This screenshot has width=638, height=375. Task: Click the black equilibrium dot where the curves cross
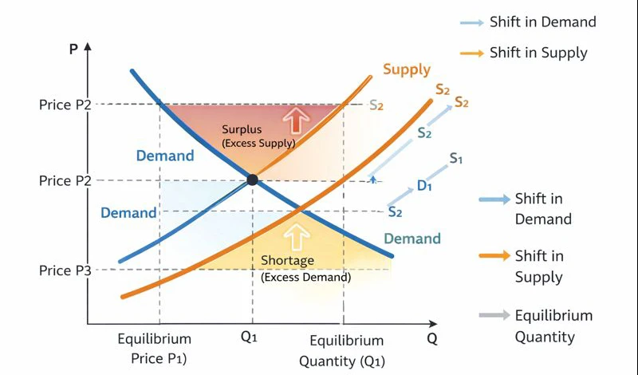pos(253,180)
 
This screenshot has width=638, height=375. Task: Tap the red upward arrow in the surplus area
pos(296,120)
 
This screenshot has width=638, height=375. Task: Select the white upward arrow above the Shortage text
pos(297,236)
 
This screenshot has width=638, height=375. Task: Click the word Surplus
pos(242,129)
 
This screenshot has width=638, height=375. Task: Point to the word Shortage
pos(288,261)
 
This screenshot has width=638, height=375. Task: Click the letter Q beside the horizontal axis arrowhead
pos(432,338)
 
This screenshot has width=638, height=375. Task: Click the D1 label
pos(424,186)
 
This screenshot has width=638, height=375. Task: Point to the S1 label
pos(456,158)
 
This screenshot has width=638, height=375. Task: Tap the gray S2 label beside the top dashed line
pos(376,105)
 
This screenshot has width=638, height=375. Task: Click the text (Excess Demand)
pos(305,278)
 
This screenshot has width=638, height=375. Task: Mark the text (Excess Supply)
pos(258,143)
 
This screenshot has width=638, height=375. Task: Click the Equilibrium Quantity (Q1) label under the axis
pos(342,351)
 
